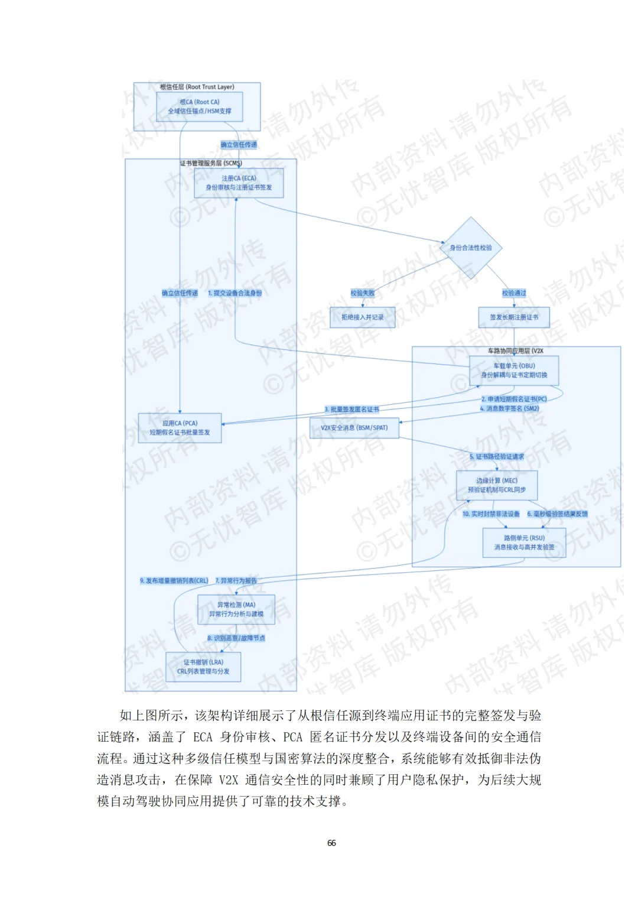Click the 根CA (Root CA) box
[x=200, y=106]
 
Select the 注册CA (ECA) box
[x=239, y=183]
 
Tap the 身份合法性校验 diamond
[x=471, y=248]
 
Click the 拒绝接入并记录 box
[x=362, y=317]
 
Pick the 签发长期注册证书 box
[x=514, y=317]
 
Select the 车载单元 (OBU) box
[x=514, y=371]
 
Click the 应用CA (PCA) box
[x=180, y=428]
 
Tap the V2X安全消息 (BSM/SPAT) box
[x=354, y=428]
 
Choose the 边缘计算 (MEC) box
[x=497, y=485]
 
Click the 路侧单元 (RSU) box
[x=524, y=543]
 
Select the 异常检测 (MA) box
[x=236, y=609]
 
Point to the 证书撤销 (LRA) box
[x=203, y=667]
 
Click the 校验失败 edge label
[x=362, y=293]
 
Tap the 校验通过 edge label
[x=514, y=293]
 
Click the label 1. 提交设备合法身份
[x=235, y=293]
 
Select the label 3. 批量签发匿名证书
[x=351, y=410]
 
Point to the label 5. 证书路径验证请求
[x=497, y=457]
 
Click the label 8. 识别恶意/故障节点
[x=236, y=638]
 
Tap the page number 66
[x=331, y=843]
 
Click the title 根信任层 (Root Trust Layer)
[x=197, y=87]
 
